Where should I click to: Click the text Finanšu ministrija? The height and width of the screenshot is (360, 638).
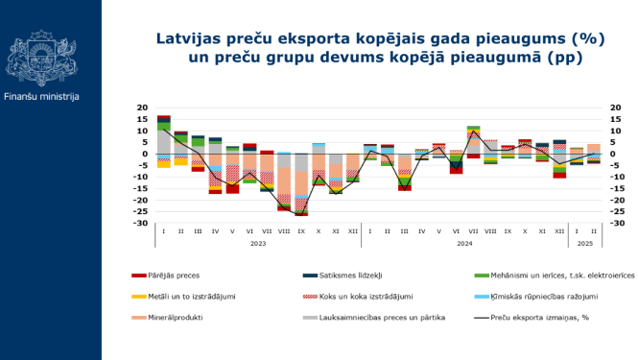pos(41,97)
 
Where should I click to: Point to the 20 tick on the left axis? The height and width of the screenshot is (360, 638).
pos(142,108)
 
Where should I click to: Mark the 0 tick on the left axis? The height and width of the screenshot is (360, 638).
pos(144,154)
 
